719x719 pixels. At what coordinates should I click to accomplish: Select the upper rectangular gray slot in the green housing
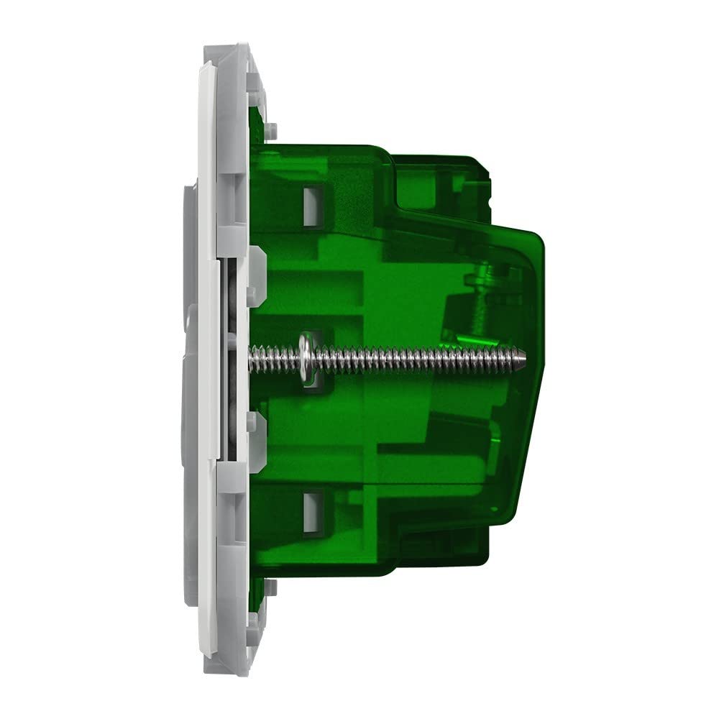(x=312, y=202)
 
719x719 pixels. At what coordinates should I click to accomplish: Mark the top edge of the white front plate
(x=205, y=65)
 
